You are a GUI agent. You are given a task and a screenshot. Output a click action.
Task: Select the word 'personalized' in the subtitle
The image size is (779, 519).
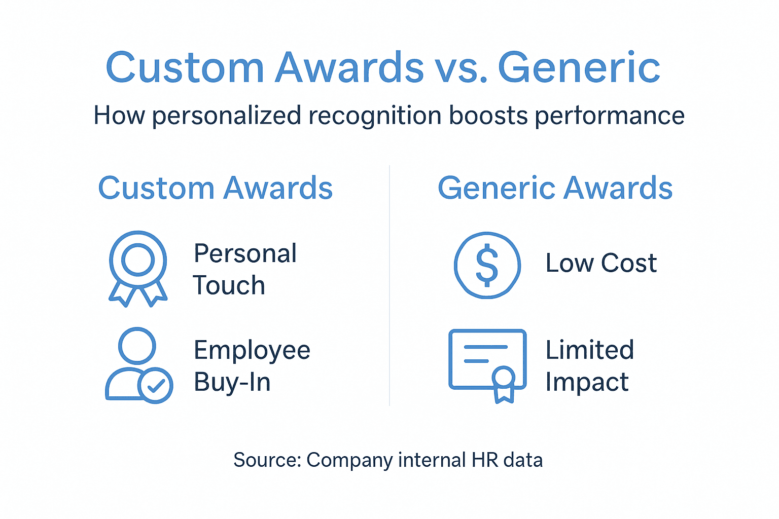click(x=226, y=116)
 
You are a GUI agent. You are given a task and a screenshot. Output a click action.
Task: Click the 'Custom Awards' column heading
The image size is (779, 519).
click(x=215, y=188)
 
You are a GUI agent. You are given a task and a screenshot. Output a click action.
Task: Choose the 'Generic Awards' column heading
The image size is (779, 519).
click(x=555, y=188)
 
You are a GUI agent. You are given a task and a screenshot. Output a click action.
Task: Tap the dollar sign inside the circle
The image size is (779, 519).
click(x=487, y=265)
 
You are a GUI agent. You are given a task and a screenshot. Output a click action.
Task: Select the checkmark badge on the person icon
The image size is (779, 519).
click(x=155, y=386)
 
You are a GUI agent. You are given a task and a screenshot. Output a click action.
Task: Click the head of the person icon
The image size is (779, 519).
click(x=137, y=345)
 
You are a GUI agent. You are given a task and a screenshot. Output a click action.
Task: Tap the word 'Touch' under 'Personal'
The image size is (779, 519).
click(x=229, y=285)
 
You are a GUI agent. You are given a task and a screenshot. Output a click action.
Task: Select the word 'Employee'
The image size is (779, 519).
click(x=252, y=350)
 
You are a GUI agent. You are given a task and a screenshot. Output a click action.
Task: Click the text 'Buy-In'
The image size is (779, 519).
click(x=232, y=382)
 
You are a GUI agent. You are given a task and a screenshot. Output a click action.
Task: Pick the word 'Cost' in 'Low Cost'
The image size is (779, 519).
click(x=629, y=263)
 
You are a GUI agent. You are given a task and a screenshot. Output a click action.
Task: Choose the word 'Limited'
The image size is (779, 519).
click(x=589, y=350)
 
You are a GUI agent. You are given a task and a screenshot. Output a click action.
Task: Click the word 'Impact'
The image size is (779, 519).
click(x=587, y=382)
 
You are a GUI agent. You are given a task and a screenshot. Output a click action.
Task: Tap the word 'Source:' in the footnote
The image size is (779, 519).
click(x=267, y=460)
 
